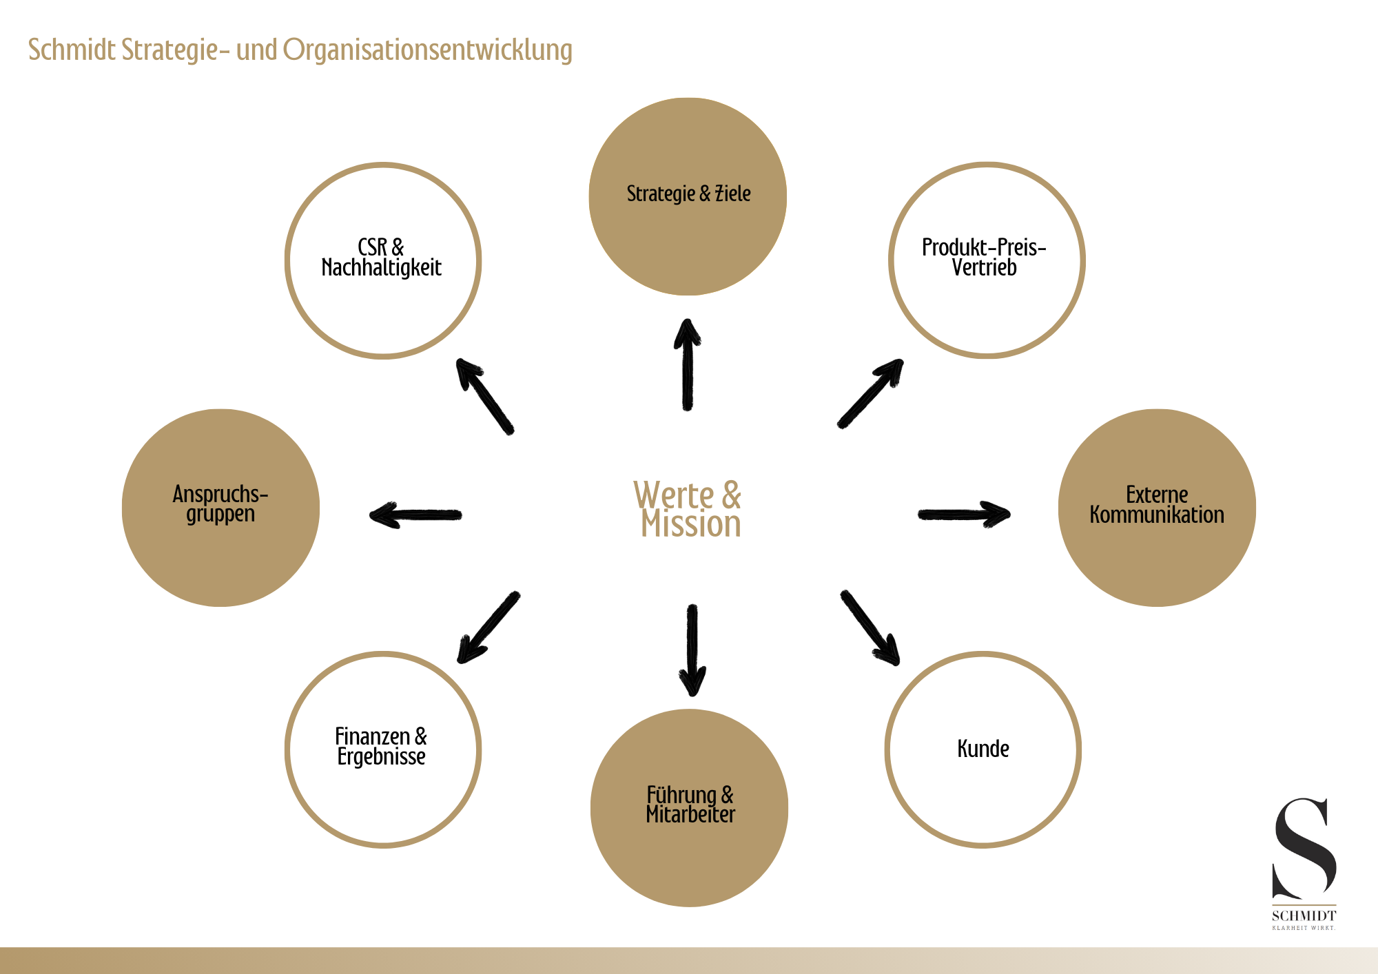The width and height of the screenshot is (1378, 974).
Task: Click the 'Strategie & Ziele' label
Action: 688,194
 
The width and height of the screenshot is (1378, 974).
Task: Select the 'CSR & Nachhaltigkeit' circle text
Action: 381,258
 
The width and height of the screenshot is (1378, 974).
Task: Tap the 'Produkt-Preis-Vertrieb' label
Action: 984,258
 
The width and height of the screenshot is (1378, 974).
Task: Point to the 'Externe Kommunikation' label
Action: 1157,505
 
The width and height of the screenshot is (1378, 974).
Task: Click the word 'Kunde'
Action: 983,749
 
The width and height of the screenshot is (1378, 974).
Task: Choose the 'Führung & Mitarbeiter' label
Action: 690,805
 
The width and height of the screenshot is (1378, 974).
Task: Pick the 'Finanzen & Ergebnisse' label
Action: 381,747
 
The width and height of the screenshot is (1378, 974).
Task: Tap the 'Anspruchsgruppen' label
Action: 220,504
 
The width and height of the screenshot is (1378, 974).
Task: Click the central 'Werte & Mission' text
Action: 688,510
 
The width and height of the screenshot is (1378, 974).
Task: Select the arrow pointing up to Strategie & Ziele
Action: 687,365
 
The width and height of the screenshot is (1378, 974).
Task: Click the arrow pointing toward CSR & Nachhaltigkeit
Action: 484,396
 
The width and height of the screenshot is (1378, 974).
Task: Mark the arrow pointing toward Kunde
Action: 870,628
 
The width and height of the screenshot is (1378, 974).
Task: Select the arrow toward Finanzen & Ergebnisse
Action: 489,628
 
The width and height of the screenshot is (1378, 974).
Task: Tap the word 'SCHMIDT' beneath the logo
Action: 1304,915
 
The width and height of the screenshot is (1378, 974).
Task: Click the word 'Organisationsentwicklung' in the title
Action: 427,50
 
